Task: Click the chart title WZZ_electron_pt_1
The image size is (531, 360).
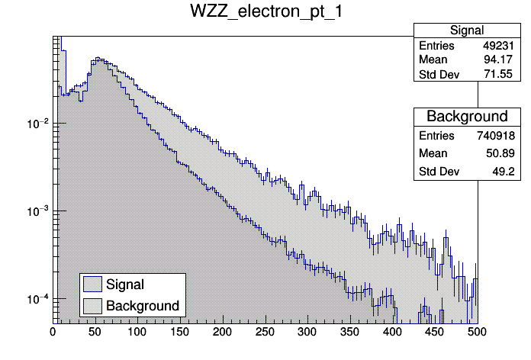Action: (x=265, y=14)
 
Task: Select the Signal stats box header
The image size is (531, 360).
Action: (x=466, y=31)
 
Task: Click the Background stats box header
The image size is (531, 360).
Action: (x=466, y=117)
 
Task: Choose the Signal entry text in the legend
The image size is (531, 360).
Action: (x=125, y=284)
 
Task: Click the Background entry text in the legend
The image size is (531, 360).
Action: (x=143, y=306)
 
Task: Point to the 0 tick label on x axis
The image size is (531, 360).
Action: (x=53, y=332)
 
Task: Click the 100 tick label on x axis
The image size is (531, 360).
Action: (x=137, y=332)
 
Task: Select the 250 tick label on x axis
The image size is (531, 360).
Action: (x=265, y=332)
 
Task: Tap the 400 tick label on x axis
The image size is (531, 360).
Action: (x=392, y=332)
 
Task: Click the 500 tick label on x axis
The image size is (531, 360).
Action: (x=477, y=332)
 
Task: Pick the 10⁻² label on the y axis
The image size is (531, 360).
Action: (x=37, y=123)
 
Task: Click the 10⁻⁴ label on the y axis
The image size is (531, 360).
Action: (x=37, y=298)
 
